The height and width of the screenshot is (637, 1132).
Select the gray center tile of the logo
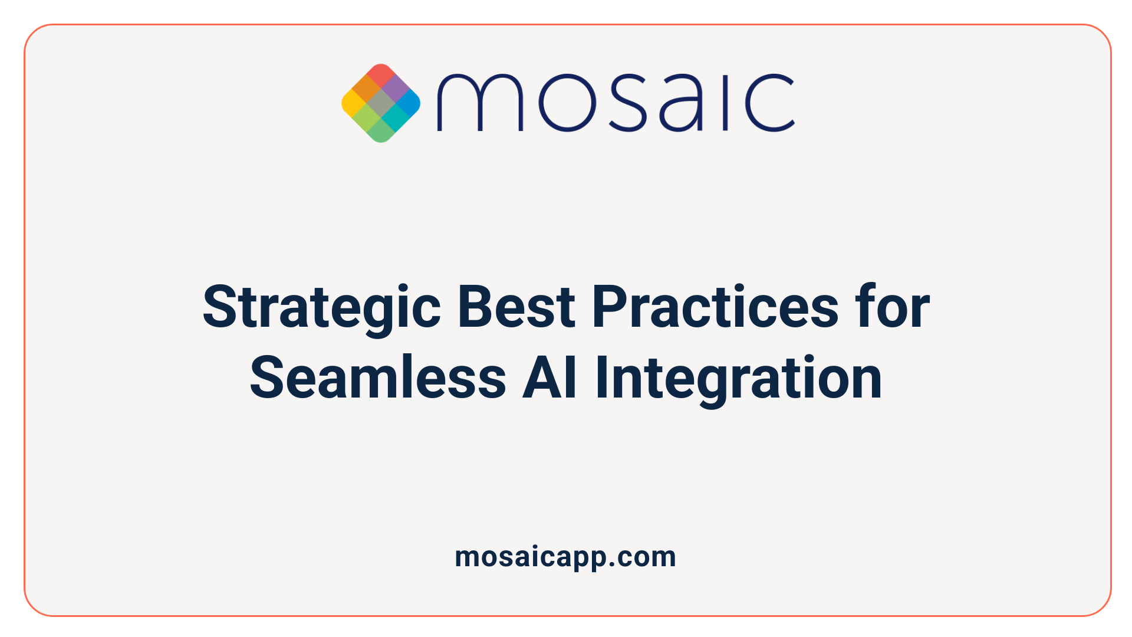(x=381, y=103)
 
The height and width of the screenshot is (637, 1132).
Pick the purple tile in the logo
(x=395, y=89)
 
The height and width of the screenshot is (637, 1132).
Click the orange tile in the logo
(x=367, y=89)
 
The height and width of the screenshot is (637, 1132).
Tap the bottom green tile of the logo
(x=381, y=131)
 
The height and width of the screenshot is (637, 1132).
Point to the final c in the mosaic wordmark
(x=770, y=103)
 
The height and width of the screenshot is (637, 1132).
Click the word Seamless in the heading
(x=378, y=377)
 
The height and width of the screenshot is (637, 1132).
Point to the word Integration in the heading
(x=738, y=377)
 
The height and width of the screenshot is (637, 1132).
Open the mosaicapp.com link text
(x=565, y=557)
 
